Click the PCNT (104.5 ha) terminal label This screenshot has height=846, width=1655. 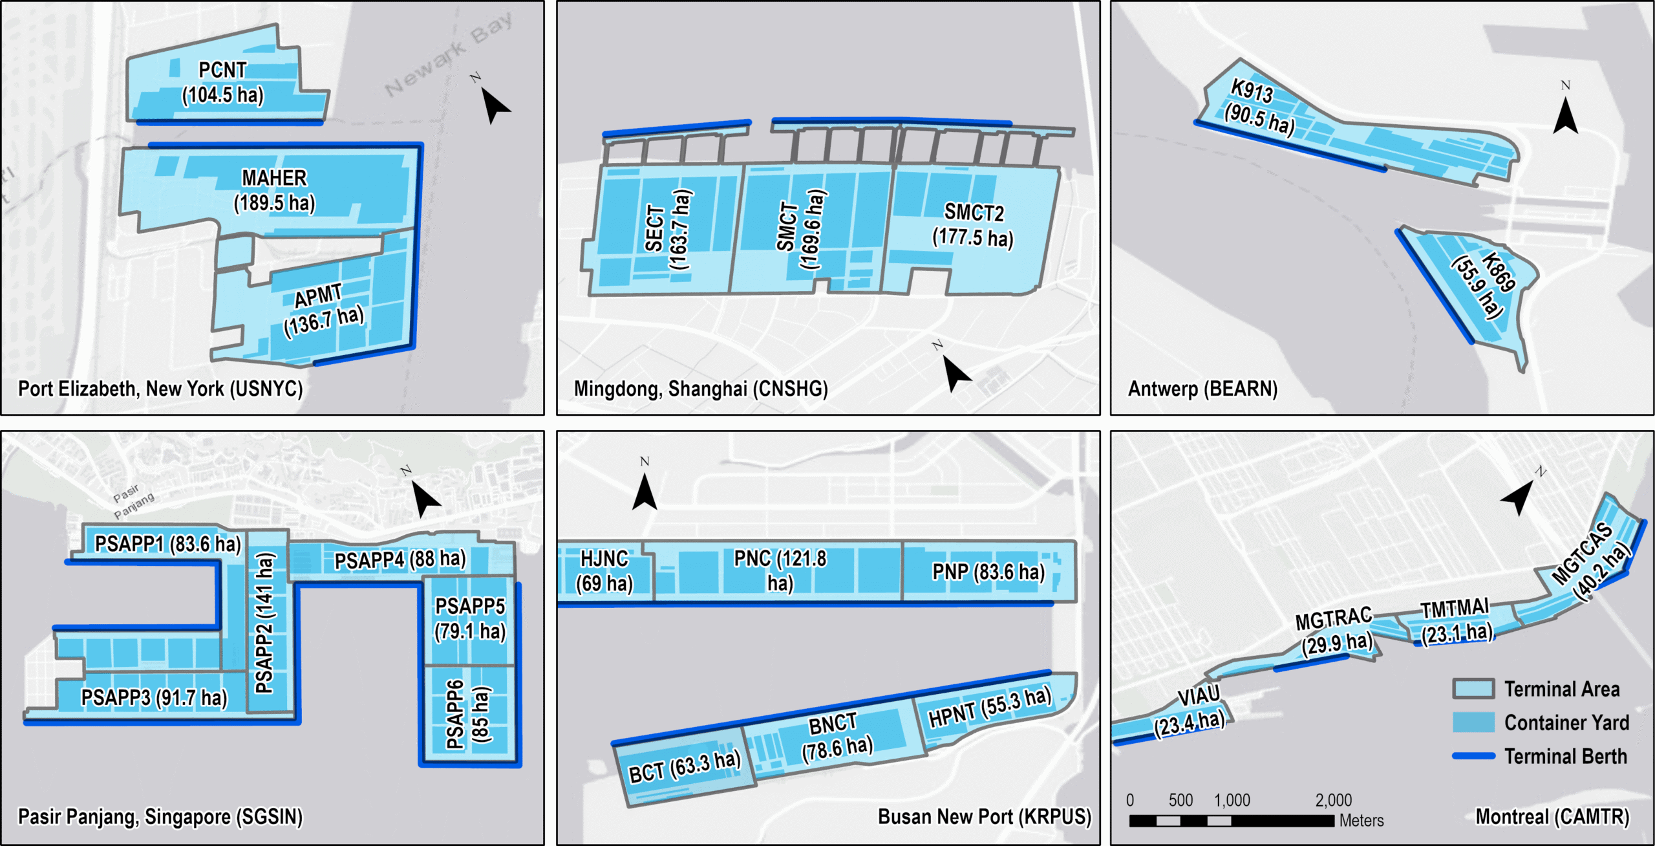point(222,82)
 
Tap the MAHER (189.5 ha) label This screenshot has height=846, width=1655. point(274,190)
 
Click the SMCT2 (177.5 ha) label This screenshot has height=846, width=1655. point(973,225)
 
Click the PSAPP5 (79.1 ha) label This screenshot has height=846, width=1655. point(470,618)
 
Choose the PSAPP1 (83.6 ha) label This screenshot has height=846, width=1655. point(167,544)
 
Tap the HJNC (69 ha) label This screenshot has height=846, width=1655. point(604,570)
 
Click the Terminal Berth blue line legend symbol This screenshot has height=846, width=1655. point(1473,755)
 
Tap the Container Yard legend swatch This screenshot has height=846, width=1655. point(1473,722)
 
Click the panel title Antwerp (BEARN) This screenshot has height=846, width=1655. point(1202,389)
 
